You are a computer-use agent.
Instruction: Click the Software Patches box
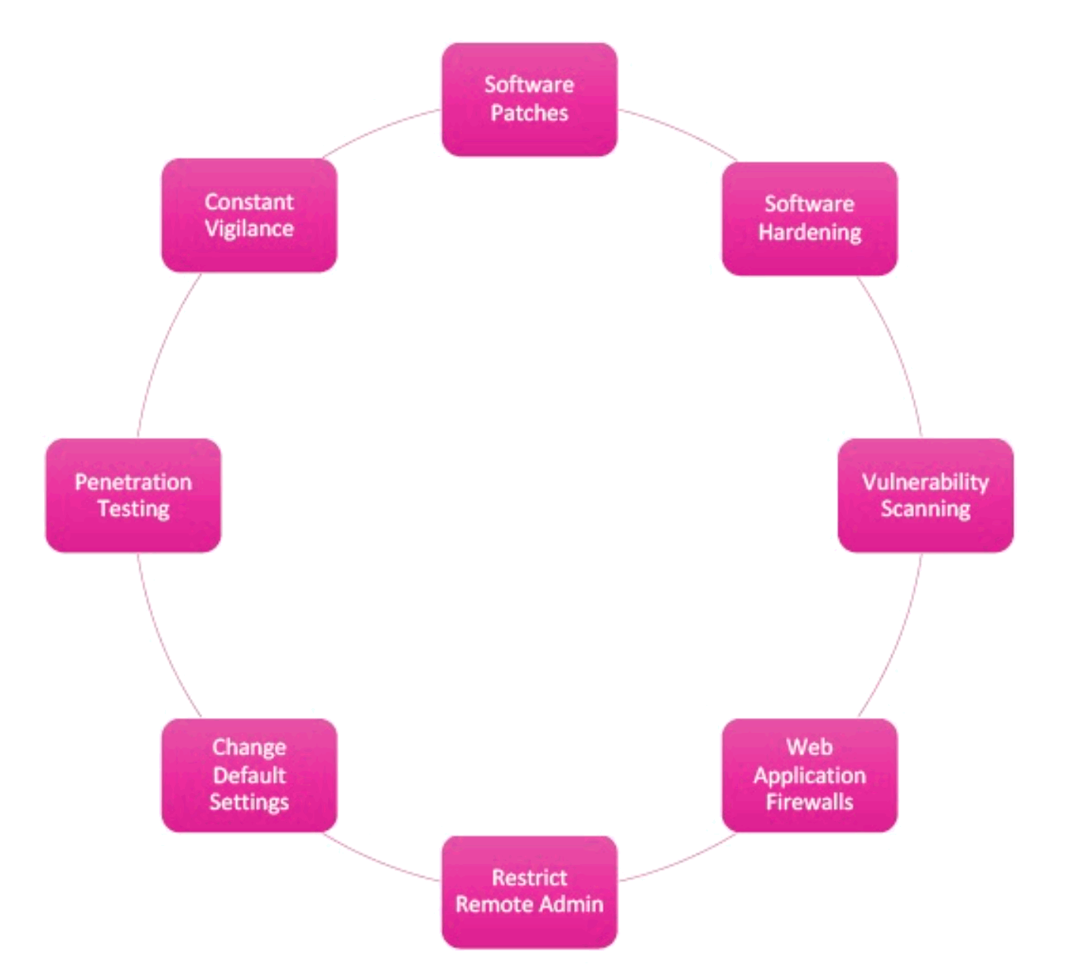click(529, 99)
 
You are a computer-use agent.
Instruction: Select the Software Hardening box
click(809, 218)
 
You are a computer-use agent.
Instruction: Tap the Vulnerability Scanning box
click(925, 495)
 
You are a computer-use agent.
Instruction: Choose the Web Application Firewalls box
click(809, 775)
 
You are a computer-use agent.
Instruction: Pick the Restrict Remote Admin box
click(529, 891)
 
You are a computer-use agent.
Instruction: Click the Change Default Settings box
click(248, 775)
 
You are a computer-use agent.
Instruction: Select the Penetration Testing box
click(133, 495)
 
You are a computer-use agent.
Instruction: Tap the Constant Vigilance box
click(248, 215)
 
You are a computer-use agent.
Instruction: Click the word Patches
click(529, 113)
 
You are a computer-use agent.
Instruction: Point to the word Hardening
click(810, 232)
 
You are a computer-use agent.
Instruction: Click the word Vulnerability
click(925, 482)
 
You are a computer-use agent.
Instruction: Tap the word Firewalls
click(809, 802)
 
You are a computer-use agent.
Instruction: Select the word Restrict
click(529, 877)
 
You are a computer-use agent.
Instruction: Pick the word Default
click(248, 775)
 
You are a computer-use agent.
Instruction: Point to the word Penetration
click(133, 482)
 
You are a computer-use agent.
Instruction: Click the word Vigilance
click(248, 229)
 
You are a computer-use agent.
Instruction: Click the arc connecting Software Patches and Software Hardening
click(680, 130)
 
